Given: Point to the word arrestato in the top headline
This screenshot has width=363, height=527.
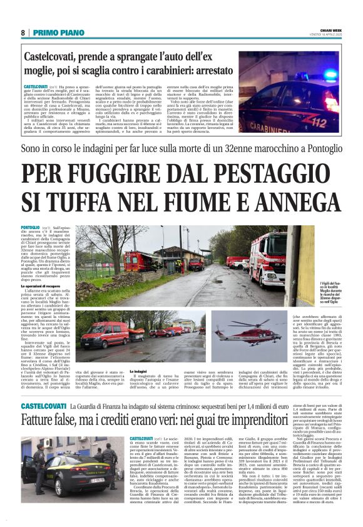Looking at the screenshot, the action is click(x=206, y=71).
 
